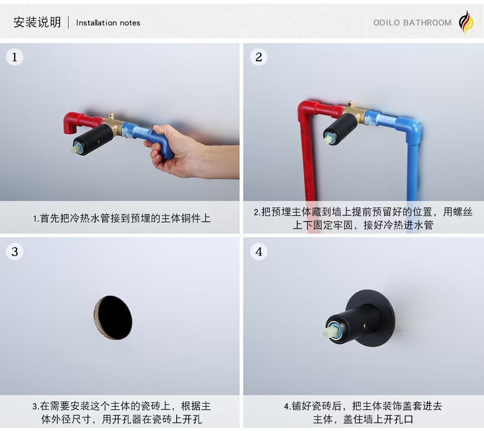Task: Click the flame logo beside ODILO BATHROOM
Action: tap(466, 23)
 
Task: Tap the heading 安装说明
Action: tap(37, 23)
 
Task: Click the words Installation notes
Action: tap(108, 23)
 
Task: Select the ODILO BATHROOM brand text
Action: tap(412, 23)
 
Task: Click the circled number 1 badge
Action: tap(15, 57)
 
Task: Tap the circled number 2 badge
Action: tap(259, 57)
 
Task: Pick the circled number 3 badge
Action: tap(15, 251)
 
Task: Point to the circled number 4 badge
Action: tap(259, 251)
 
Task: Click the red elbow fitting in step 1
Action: tap(72, 122)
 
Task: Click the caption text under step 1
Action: tap(122, 218)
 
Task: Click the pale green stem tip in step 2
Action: tap(329, 139)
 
